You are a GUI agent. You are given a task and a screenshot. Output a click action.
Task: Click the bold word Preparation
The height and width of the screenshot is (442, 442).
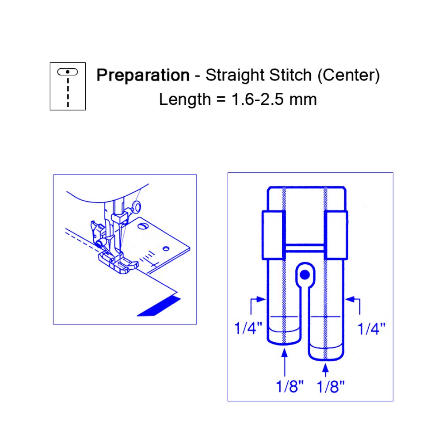(143, 76)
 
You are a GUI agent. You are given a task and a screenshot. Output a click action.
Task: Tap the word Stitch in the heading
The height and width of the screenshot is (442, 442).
(290, 75)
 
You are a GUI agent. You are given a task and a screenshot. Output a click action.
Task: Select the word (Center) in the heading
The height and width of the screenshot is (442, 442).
(349, 76)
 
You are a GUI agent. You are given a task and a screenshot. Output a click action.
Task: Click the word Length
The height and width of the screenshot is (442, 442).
(185, 99)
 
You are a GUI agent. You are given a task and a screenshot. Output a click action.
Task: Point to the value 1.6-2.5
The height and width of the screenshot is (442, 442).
(257, 99)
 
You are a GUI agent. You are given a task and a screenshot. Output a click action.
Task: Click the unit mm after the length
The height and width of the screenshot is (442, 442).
(303, 101)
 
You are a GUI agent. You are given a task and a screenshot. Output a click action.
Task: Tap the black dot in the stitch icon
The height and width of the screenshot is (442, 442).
(68, 72)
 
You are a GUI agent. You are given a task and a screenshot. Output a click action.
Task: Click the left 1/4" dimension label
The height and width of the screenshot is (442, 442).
(248, 328)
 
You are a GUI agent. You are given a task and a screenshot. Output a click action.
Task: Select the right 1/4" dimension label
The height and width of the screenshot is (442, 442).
(371, 328)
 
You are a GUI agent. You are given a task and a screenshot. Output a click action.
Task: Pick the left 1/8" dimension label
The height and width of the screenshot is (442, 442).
(290, 386)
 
